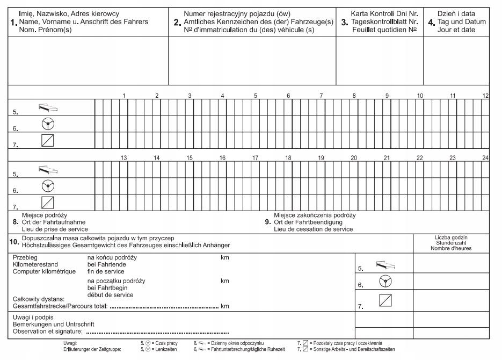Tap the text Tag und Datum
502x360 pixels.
point(461,22)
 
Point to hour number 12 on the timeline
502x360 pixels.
point(485,96)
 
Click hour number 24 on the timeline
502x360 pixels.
point(485,158)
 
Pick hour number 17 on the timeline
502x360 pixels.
point(256,158)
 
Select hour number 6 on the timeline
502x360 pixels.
point(288,96)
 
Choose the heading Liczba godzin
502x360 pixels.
point(452,237)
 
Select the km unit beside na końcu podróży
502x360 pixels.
point(225,257)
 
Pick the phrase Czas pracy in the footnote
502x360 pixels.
point(166,343)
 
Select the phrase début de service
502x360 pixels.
point(110,295)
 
